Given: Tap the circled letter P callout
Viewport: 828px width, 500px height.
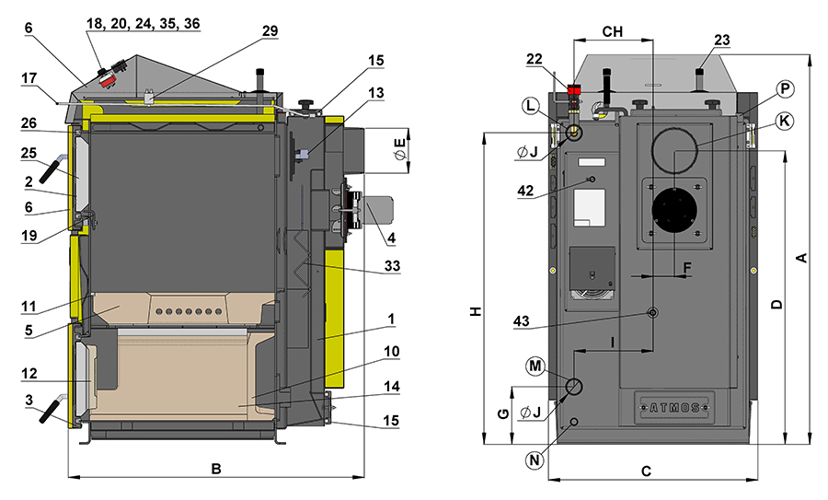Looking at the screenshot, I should point(783,88).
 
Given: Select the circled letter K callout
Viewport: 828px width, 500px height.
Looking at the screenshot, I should point(783,121).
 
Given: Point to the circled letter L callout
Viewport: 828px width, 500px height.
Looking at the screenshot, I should point(529,107).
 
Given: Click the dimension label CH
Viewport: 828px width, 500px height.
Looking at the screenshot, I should point(612,31).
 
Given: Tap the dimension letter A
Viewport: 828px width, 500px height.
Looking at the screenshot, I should point(801,259).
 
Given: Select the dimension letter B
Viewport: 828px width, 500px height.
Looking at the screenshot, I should point(216,469).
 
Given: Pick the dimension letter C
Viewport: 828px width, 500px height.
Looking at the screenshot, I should point(646,471).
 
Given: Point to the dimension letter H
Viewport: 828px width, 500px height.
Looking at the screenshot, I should point(475,311).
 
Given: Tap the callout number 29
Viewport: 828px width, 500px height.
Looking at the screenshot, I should point(269,30).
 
